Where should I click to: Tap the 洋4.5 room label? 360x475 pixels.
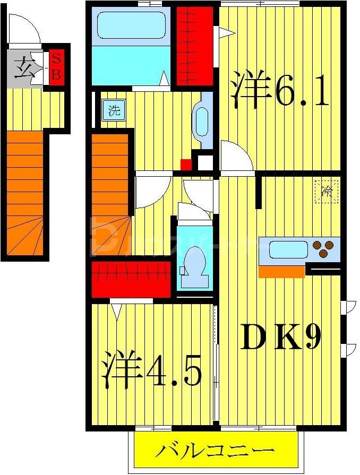click(151, 369)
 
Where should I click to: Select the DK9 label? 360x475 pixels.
click(280, 336)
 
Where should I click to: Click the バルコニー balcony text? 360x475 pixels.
click(215, 452)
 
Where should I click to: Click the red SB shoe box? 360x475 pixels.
click(56, 67)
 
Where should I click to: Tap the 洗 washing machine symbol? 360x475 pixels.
click(114, 111)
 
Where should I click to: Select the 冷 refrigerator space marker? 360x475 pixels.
click(327, 191)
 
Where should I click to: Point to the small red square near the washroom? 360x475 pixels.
click(185, 164)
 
